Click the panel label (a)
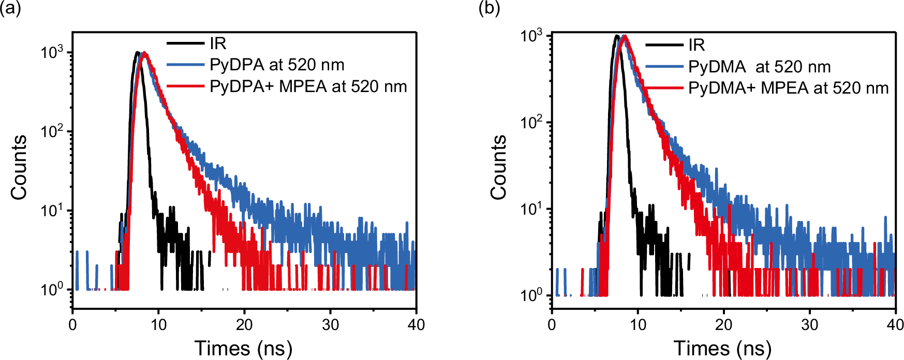tap(10, 8)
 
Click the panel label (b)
tap(489, 8)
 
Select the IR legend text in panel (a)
tap(218, 43)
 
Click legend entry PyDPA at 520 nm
tap(277, 65)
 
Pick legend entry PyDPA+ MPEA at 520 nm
tap(308, 86)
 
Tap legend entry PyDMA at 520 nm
tap(759, 67)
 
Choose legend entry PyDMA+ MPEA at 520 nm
tap(788, 88)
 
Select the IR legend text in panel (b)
tap(696, 45)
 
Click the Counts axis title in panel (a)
tap(19, 167)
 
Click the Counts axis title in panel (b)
tap(499, 167)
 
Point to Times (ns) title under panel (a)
tap(243, 348)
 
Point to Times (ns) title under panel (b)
tap(722, 348)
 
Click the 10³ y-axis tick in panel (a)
tap(52, 52)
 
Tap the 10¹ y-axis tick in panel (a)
tap(52, 211)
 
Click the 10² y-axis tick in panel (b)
tap(531, 123)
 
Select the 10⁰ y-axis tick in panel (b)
tap(531, 295)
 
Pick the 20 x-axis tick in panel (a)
tap(244, 325)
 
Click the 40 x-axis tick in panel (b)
tap(895, 325)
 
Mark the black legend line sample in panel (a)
tap(185, 43)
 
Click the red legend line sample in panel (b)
tap(664, 88)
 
